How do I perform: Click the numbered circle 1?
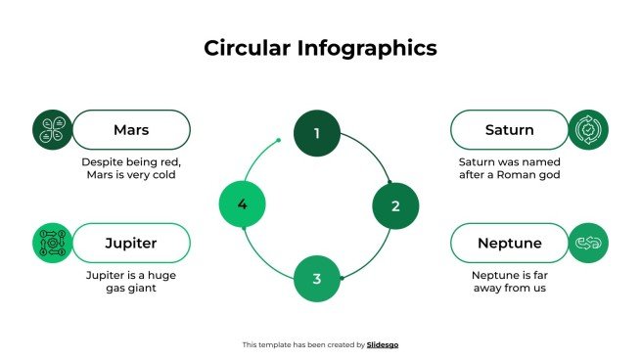[316, 133]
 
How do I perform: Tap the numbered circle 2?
[395, 205]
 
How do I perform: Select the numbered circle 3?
[316, 279]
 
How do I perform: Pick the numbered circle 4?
[242, 203]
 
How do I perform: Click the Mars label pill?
[131, 129]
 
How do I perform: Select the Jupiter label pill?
[131, 243]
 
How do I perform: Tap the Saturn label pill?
[509, 129]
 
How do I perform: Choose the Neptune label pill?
[509, 243]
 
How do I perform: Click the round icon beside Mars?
[53, 129]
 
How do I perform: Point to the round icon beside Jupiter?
[53, 243]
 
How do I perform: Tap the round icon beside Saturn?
[588, 129]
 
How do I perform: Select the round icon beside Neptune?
[588, 243]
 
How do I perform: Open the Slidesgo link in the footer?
[383, 344]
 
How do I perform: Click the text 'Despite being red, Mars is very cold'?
[131, 168]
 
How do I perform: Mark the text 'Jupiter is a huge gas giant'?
[131, 282]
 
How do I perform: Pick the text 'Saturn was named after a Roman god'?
[509, 168]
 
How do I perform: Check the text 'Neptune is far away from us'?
[509, 282]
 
